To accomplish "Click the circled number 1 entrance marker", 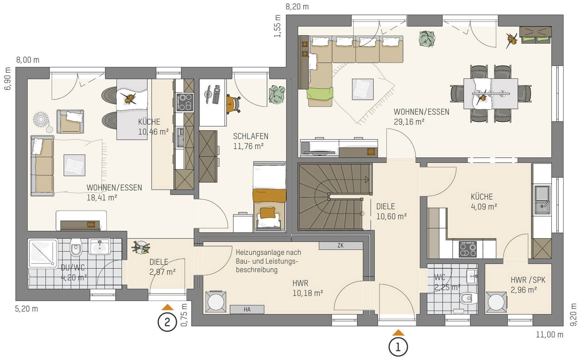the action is point(398,347).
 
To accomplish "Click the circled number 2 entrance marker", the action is point(167,322).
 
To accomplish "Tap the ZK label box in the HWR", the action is point(341,245).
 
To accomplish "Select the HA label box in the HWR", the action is point(247,309).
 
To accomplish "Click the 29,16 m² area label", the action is point(409,122).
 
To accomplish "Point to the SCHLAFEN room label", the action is point(251,136).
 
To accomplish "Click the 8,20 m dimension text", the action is point(297,7).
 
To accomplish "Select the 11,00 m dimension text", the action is point(550,335).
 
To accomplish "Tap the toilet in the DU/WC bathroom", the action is point(75,247).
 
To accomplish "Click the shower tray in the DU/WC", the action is point(42,254).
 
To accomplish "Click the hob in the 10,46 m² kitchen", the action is point(185,102).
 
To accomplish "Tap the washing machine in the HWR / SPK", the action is point(496,302).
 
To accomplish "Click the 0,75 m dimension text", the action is point(184,315).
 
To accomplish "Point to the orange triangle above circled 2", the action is point(167,307).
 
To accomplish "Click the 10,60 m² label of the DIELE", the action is point(391,217).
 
